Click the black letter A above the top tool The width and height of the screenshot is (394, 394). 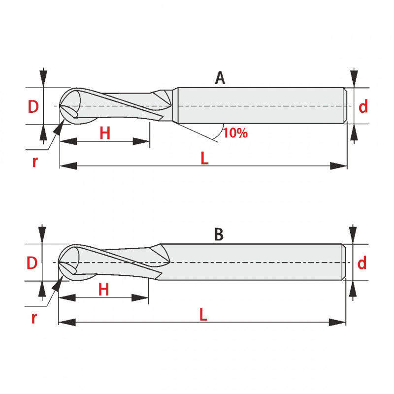220,78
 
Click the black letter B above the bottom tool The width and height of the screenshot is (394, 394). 219,234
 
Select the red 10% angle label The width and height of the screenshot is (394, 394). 235,133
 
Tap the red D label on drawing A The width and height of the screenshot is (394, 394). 33,106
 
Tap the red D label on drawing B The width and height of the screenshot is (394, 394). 32,263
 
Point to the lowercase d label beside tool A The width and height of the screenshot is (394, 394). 363,106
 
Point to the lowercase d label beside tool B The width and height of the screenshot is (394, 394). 362,263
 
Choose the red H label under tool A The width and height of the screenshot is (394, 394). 105,133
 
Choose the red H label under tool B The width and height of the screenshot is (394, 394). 104,290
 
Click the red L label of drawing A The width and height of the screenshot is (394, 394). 205,158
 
